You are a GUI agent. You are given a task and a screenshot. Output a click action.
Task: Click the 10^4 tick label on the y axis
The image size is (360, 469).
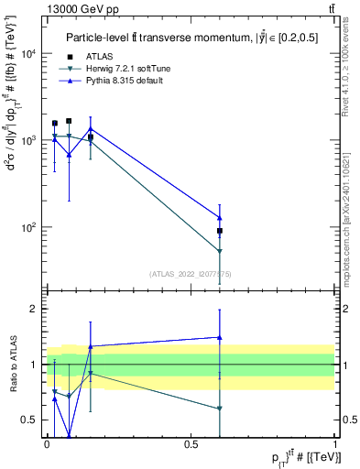[x=29, y=53]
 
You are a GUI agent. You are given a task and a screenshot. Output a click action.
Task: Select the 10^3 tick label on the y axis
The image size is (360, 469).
[x=29, y=140]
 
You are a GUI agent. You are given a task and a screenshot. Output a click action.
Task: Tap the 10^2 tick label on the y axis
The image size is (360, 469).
[x=29, y=227]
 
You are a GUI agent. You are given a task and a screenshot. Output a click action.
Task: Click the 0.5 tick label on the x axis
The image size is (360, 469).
[x=191, y=443]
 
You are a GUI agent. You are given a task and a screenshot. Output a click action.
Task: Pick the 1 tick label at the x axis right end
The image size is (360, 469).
[x=335, y=443]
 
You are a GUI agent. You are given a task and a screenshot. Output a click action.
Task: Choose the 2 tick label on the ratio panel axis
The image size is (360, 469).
[x=34, y=309]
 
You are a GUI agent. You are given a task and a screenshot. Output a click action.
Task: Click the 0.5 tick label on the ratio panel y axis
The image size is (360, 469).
[x=29, y=420]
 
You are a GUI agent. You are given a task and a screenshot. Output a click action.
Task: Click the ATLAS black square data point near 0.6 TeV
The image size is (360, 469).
[x=220, y=231]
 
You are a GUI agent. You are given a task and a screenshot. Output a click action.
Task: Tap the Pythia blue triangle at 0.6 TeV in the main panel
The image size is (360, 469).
[x=220, y=217]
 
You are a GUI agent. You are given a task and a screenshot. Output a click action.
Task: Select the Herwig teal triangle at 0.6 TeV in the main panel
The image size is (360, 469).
[x=220, y=251]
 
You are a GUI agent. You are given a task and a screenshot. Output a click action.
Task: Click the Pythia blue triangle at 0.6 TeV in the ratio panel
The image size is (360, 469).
[x=220, y=337]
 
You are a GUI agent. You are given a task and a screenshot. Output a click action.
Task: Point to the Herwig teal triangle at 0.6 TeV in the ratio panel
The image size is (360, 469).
[x=220, y=409]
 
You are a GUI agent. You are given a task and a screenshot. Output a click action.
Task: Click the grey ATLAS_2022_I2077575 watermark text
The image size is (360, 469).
[x=191, y=274]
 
